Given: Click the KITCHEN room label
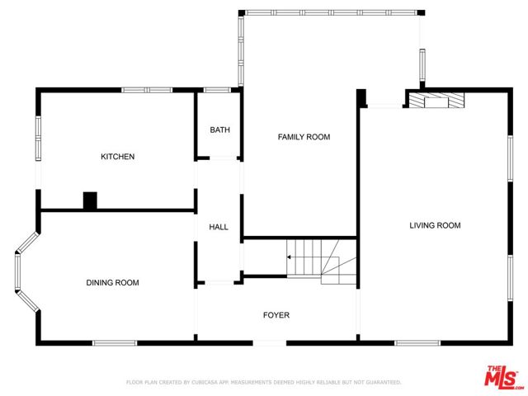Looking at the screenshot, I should (x=117, y=157).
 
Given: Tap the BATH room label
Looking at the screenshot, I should (x=219, y=130).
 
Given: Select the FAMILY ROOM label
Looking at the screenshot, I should (x=303, y=137).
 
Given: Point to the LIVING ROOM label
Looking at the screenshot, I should (x=435, y=225).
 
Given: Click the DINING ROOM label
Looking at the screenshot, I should (x=112, y=283).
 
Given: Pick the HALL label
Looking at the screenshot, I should (x=219, y=227).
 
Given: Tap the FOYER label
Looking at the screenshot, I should (x=276, y=315).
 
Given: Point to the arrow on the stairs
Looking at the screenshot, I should (x=290, y=257).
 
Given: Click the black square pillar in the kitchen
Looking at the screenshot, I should (x=90, y=200).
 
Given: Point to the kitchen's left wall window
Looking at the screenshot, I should (x=37, y=138).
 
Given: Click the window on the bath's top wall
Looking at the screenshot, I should (x=216, y=90).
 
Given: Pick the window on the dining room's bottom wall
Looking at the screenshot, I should (x=114, y=342).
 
